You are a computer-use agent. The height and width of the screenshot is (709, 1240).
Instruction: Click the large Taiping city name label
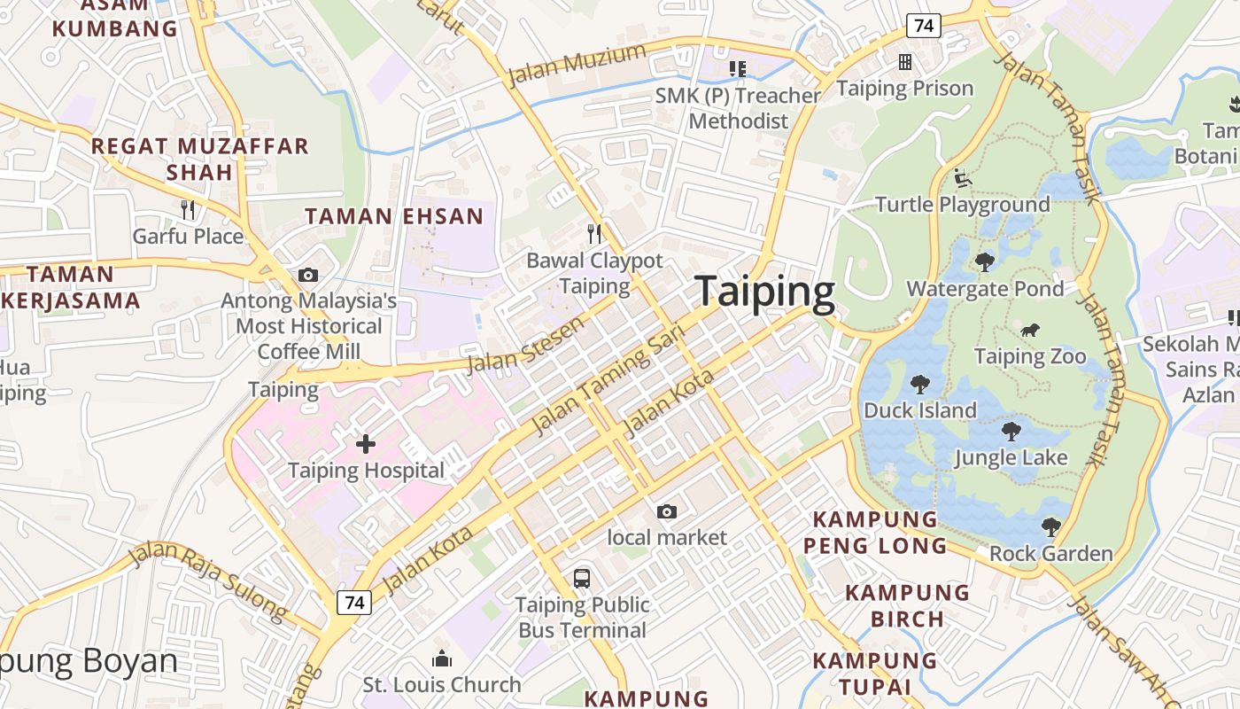764,292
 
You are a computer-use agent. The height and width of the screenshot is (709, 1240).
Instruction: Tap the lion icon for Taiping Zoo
1030,331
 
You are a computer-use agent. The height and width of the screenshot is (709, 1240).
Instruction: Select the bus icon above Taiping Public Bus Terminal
582,579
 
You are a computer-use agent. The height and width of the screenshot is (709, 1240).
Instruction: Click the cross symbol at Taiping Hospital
365,444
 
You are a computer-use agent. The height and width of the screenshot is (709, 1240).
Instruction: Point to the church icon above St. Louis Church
441,658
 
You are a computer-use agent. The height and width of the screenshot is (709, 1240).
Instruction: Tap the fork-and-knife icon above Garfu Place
188,210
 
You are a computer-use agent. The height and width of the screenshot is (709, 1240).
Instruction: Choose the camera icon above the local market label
667,511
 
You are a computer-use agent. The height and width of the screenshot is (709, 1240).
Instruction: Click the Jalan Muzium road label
577,65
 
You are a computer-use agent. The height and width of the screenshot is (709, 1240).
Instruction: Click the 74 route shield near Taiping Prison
923,26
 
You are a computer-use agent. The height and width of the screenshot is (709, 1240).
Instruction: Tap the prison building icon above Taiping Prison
905,62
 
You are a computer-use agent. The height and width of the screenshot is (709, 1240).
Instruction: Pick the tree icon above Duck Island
920,385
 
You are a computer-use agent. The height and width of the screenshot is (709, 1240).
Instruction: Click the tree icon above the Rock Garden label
1050,527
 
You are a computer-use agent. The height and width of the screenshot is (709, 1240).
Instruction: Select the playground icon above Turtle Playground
963,178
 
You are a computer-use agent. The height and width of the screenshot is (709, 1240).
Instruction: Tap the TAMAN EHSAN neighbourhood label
394,215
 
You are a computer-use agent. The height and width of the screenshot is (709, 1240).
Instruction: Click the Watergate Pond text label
985,289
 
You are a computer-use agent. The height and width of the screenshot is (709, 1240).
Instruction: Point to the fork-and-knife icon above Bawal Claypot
595,234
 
